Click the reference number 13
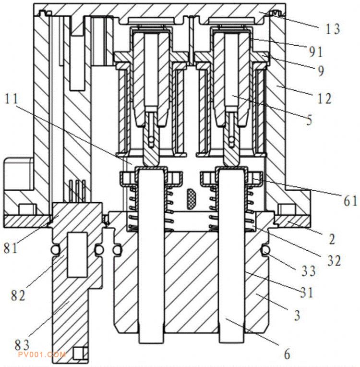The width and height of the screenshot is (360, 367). pos(332,29)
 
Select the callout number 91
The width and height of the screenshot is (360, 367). pos(316,52)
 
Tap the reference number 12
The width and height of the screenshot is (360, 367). pos(324,98)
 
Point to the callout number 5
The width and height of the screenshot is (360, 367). pos(309,120)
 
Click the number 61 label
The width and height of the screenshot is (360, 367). pos(350,201)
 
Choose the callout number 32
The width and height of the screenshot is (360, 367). pos(334,260)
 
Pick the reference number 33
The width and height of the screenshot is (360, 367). pos(309,271)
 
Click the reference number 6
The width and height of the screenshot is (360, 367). pos(287,354)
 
